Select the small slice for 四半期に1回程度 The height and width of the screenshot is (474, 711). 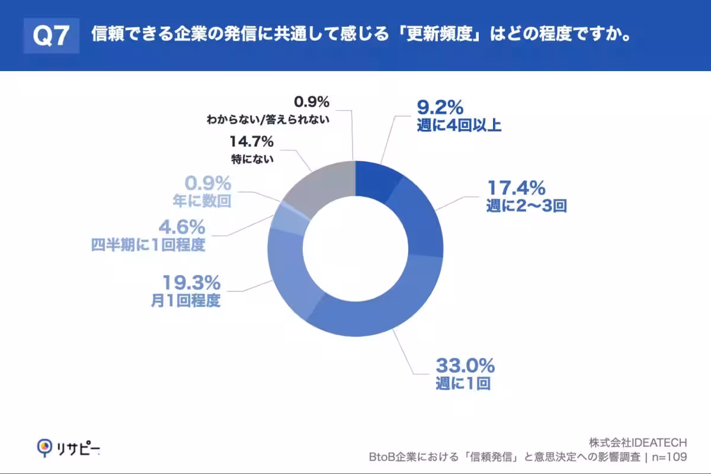286,221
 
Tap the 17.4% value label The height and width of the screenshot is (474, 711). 515,188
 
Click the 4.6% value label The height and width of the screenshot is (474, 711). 182,226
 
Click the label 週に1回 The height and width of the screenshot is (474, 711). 462,383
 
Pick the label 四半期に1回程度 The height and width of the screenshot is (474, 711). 148,245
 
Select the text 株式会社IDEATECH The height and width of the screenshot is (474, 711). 638,443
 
